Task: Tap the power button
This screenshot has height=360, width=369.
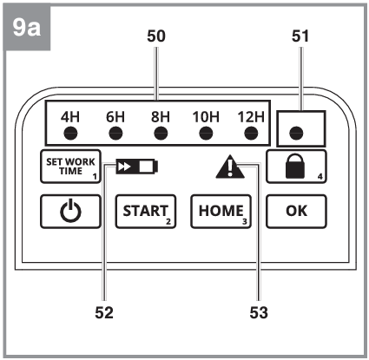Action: [70, 212]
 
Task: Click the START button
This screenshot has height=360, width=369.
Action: [146, 212]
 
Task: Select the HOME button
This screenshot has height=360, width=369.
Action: [221, 212]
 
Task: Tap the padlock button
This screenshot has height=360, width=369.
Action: [296, 167]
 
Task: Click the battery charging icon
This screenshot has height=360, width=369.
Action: [137, 167]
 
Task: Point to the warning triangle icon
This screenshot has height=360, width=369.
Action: [230, 167]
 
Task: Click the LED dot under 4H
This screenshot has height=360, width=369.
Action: [70, 134]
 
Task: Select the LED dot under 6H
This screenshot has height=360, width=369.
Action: [115, 134]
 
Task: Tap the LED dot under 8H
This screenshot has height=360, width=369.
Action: [161, 134]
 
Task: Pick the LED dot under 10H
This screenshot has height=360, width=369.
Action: [206, 134]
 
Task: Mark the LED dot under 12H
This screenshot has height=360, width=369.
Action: [251, 134]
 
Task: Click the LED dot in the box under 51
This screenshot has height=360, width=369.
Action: [296, 134]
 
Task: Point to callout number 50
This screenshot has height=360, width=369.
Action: [156, 36]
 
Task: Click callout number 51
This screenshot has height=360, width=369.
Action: [300, 36]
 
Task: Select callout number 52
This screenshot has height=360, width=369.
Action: [104, 312]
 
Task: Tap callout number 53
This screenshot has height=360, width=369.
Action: [259, 312]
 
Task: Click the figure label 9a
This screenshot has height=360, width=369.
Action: [27, 28]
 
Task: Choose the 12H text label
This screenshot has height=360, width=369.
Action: [251, 117]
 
